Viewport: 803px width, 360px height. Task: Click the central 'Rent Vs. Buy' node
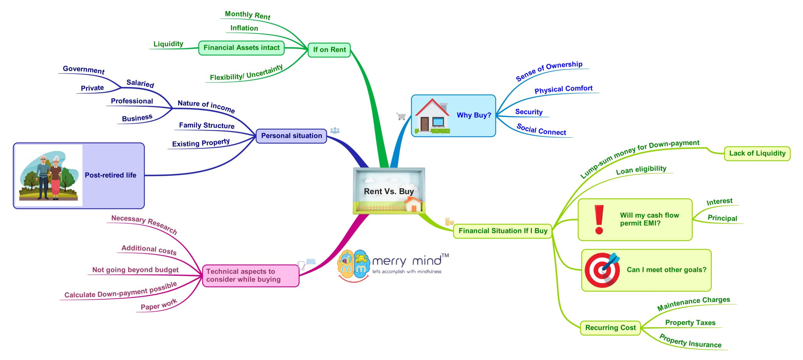[x=389, y=191]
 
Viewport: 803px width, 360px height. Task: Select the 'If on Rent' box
[x=329, y=50]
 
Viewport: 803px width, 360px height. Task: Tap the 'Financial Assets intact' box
[x=241, y=48]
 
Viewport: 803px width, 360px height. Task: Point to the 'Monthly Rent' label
[x=247, y=15]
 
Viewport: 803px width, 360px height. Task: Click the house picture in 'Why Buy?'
[x=433, y=116]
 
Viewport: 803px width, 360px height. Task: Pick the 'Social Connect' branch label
[x=541, y=130]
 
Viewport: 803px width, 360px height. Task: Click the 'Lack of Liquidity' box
[x=757, y=153]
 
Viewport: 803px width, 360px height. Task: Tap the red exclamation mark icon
[x=599, y=220]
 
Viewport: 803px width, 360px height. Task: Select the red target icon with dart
[x=602, y=270]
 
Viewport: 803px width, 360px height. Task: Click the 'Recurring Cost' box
[x=610, y=328]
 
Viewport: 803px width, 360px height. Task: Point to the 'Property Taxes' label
[x=690, y=323]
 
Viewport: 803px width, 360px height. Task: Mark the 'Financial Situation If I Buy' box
[x=503, y=231]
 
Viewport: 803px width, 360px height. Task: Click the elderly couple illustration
[x=49, y=176]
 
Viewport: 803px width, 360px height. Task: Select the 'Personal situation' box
[x=291, y=136]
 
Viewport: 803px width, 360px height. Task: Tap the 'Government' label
[x=83, y=69]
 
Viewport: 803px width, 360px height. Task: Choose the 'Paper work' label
[x=159, y=305]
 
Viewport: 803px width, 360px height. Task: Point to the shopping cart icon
[x=401, y=116]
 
